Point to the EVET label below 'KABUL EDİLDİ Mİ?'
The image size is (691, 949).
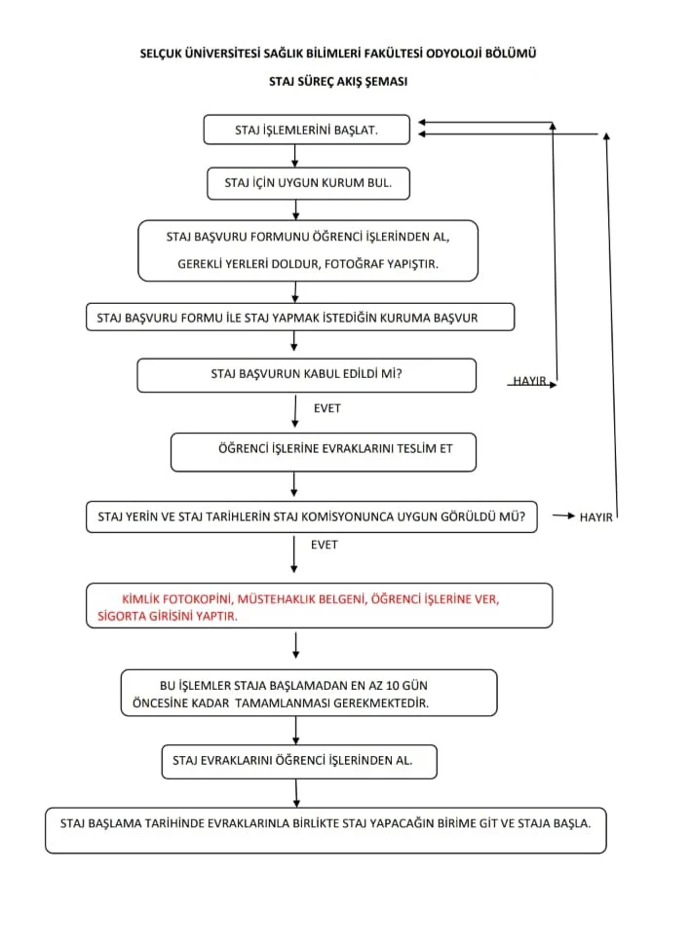point(327,408)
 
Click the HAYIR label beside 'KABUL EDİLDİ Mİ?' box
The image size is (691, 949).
point(530,381)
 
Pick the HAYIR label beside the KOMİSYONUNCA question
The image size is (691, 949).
point(595,517)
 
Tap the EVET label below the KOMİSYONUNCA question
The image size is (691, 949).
point(324,545)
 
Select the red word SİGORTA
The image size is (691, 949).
point(122,616)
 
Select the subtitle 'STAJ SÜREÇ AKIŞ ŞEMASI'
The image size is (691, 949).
point(338,81)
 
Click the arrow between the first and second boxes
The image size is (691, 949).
point(295,156)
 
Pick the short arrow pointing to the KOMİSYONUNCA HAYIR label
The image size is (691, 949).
point(563,515)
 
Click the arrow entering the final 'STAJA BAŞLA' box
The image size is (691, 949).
point(296,793)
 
